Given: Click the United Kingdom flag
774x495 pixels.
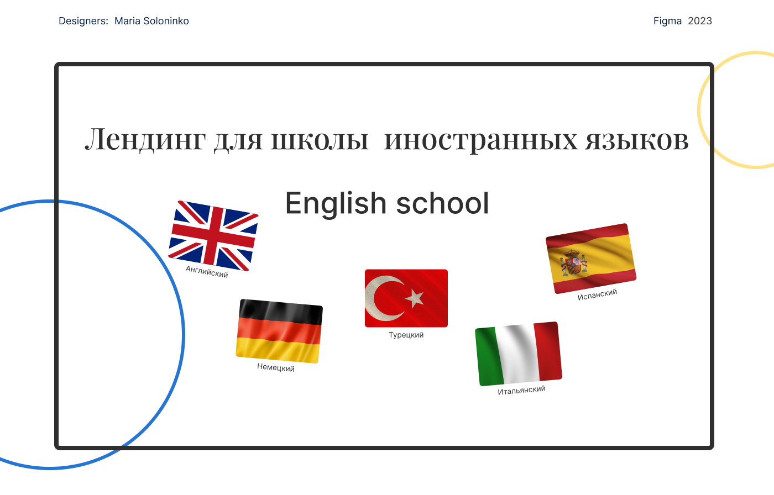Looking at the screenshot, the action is click(213, 236).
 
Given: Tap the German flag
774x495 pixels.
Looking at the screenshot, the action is click(279, 331).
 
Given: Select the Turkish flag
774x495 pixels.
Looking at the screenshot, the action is click(406, 298).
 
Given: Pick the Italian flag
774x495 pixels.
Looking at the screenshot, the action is click(519, 354).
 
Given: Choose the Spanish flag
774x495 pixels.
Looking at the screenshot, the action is click(591, 259).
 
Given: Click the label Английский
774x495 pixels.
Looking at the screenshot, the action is click(207, 272).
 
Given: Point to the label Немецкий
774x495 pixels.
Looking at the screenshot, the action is click(276, 367).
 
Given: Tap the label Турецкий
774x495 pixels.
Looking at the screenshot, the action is click(406, 335).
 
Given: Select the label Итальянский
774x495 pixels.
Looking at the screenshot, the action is click(521, 390).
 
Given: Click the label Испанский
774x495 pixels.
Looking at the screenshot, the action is click(597, 294).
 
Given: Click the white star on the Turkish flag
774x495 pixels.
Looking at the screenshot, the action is click(415, 298).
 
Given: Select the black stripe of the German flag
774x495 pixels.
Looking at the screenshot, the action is click(280, 312).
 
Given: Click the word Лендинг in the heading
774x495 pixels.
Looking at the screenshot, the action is click(145, 140).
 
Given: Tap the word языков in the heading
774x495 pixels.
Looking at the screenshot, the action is click(637, 141).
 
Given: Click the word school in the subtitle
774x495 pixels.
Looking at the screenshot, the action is click(443, 203).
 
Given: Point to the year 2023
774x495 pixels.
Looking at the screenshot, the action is click(700, 21).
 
